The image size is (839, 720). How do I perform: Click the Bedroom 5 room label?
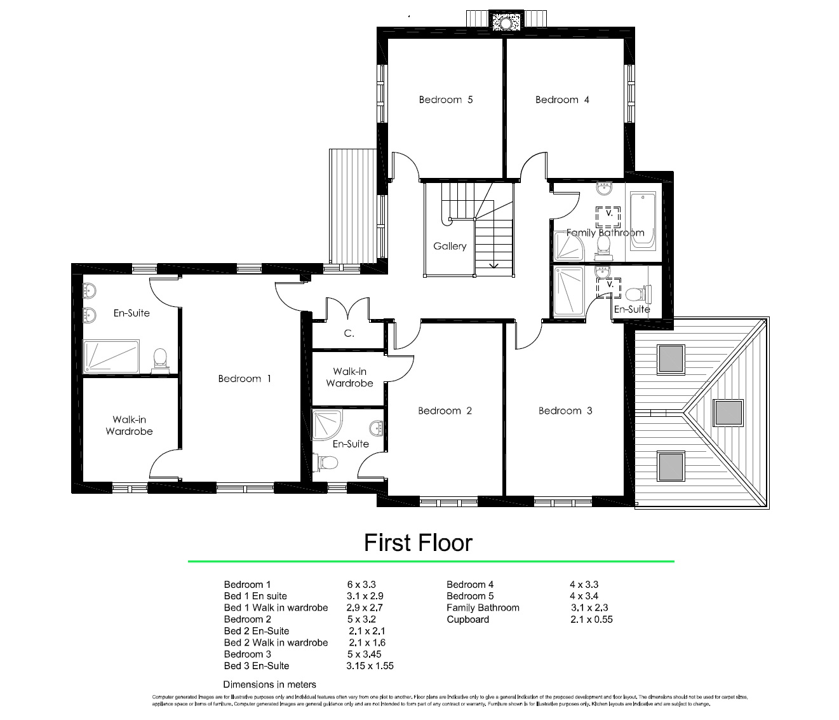click(x=445, y=100)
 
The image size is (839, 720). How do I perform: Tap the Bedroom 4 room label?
click(x=562, y=100)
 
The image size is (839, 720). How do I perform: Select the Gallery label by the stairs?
click(x=450, y=246)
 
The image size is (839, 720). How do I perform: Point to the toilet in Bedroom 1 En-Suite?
click(x=159, y=359)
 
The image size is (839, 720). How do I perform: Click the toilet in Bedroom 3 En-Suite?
click(x=636, y=295)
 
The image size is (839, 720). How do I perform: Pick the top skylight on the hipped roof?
click(x=671, y=358)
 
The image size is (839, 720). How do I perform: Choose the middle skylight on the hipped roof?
click(x=728, y=412)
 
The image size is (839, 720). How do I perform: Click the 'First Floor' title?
click(x=418, y=543)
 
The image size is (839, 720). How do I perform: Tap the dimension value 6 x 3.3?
click(x=361, y=585)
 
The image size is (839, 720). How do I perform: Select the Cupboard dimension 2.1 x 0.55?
click(x=591, y=620)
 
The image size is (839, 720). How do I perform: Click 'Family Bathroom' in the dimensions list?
click(x=483, y=608)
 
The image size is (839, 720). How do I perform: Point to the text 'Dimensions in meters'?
click(x=269, y=684)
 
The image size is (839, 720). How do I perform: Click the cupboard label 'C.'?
click(x=349, y=333)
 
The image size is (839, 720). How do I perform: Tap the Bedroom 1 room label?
click(x=245, y=379)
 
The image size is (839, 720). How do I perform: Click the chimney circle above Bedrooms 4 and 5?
click(x=506, y=23)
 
